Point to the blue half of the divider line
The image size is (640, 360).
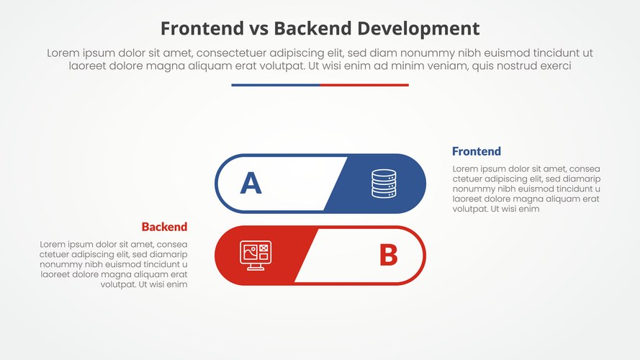(x=275, y=85)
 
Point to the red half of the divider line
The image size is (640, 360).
(x=364, y=85)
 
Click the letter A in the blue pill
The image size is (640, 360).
(x=251, y=184)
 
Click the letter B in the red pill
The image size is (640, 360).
(x=388, y=255)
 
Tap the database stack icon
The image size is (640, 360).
(x=384, y=184)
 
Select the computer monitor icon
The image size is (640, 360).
(x=255, y=255)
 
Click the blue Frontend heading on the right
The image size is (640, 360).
(x=476, y=151)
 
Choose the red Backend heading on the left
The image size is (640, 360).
(x=164, y=227)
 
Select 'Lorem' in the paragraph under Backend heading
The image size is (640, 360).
(x=54, y=244)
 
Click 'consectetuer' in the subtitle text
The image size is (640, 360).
(x=232, y=53)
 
